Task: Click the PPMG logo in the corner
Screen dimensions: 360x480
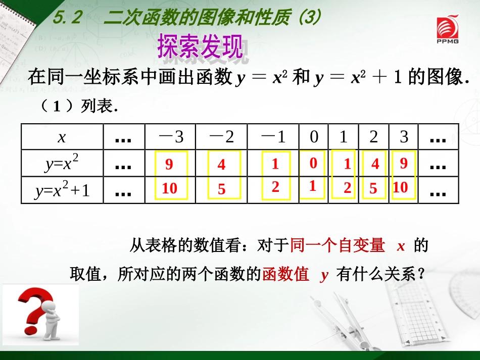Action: (x=448, y=30)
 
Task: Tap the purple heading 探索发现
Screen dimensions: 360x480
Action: (x=200, y=47)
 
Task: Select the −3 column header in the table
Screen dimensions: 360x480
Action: (x=170, y=137)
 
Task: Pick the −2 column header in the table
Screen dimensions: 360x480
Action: (x=221, y=137)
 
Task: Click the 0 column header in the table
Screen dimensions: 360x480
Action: (x=314, y=137)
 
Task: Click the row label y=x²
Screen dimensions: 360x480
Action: (x=62, y=164)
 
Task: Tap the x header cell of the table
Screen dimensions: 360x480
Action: (x=62, y=137)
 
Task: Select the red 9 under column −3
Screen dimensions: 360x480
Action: (x=169, y=164)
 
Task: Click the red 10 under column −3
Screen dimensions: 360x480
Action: (x=170, y=188)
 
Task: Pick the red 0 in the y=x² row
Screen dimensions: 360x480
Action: (x=313, y=163)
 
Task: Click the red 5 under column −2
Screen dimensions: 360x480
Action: (x=221, y=189)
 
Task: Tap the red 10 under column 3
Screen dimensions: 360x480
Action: (x=400, y=187)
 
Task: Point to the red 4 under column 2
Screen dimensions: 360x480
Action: (x=375, y=164)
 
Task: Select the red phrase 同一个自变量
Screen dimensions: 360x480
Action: (x=338, y=246)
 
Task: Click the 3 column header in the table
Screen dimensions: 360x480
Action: (x=404, y=137)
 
